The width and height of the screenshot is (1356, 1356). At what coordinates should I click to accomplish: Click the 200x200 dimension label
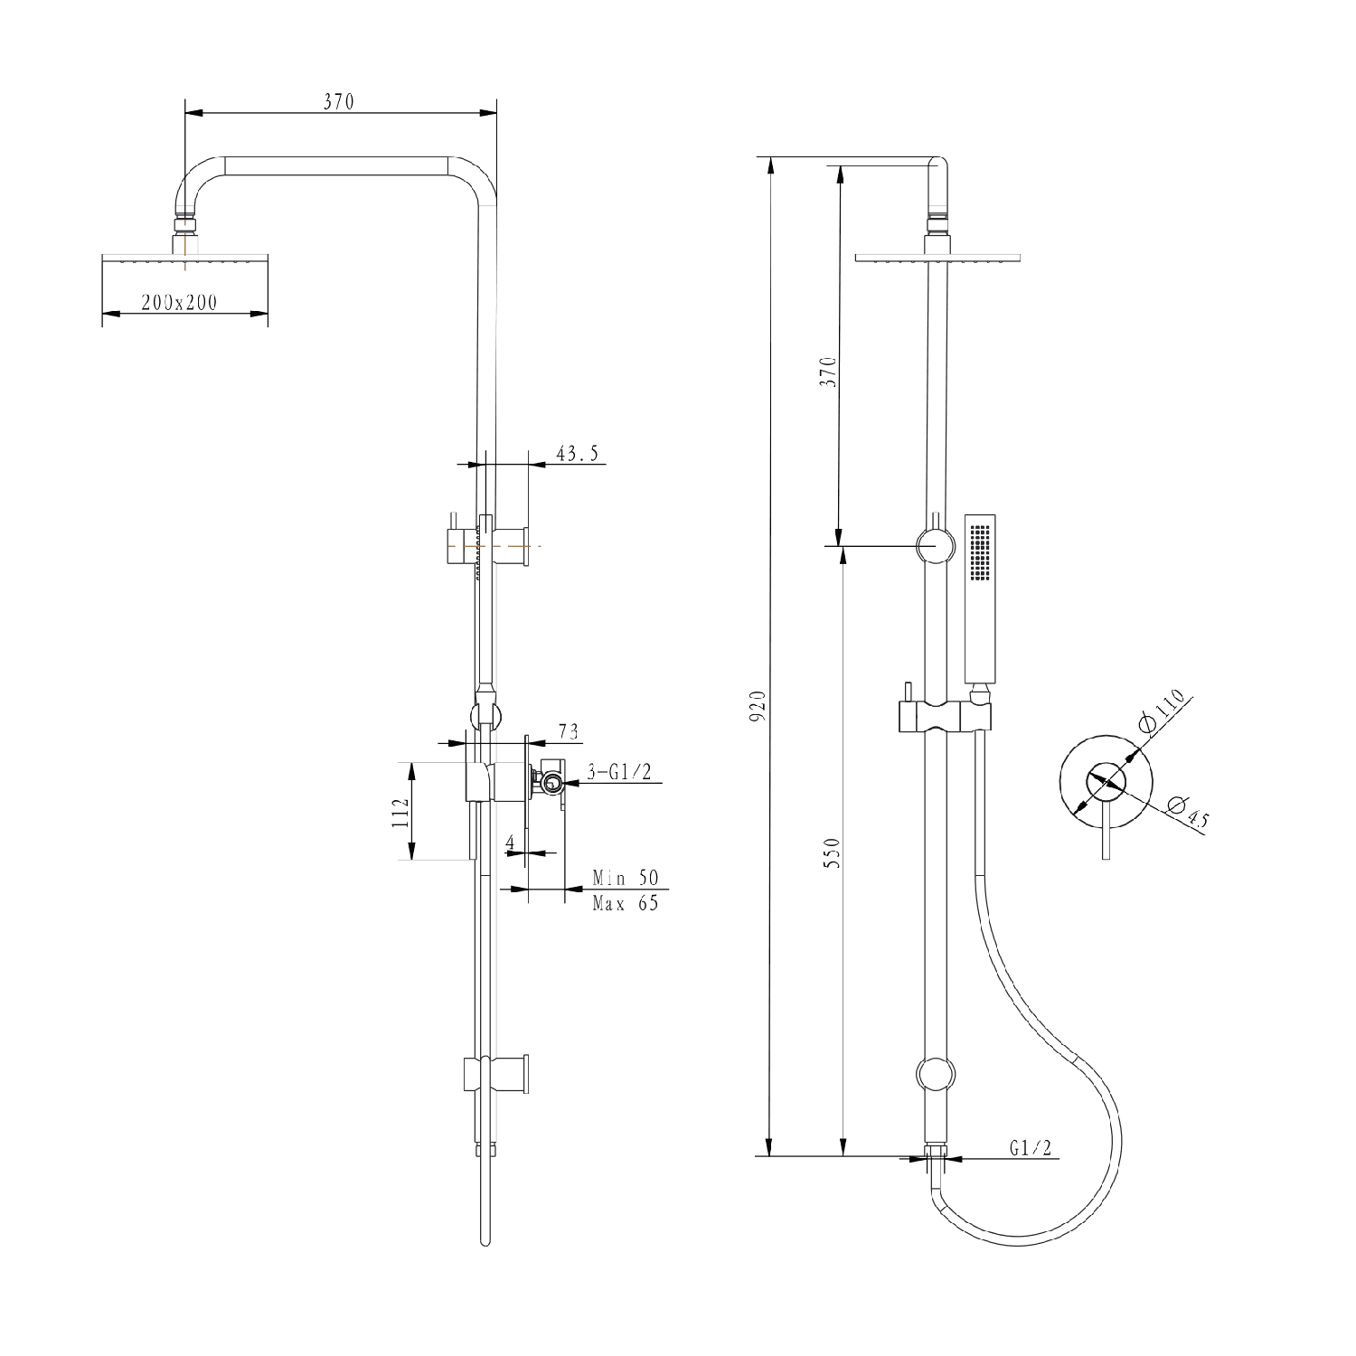pyautogui.click(x=179, y=303)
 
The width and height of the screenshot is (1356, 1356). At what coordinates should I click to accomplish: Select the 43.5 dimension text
pyautogui.click(x=577, y=454)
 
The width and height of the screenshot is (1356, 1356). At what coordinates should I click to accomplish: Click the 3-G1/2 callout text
pyautogui.click(x=619, y=772)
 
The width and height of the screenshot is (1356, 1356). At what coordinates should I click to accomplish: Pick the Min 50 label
pyautogui.click(x=626, y=878)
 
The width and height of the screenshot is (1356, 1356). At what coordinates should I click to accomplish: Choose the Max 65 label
pyautogui.click(x=626, y=902)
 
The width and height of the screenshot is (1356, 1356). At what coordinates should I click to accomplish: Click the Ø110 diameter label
pyautogui.click(x=1161, y=711)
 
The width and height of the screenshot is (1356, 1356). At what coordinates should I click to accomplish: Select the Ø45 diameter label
pyautogui.click(x=1187, y=812)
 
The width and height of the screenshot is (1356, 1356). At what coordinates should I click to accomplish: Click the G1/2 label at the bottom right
pyautogui.click(x=1031, y=1148)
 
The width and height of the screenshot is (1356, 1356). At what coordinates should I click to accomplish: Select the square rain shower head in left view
pyautogui.click(x=185, y=259)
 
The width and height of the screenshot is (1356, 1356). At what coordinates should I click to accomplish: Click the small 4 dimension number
pyautogui.click(x=510, y=843)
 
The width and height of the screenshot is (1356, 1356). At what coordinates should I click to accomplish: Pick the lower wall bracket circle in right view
pyautogui.click(x=934, y=1074)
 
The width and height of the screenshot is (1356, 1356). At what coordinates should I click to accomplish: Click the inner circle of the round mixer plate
pyautogui.click(x=1106, y=781)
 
